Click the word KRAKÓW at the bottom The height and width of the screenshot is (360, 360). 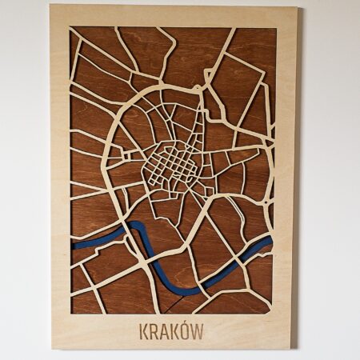coord(171,330)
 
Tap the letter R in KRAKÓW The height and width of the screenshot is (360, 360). coord(153,330)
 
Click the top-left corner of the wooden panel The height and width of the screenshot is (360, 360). coord(50,6)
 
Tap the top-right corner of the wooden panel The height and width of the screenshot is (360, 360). coord(298,9)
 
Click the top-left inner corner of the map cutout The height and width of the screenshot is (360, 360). coord(70,28)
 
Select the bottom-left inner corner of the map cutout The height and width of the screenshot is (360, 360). coord(71,313)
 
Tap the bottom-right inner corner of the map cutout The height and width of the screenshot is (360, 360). coord(272,313)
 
